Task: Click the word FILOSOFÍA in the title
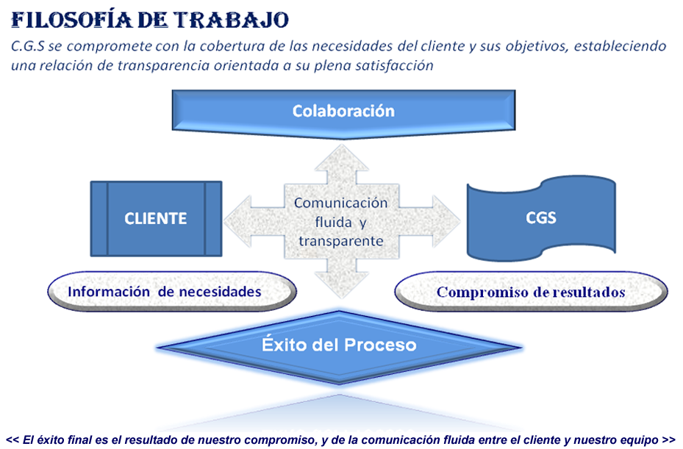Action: click(71, 20)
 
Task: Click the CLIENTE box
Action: click(156, 218)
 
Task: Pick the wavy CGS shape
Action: click(541, 218)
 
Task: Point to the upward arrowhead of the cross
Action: click(342, 158)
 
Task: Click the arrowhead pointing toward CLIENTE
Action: click(237, 221)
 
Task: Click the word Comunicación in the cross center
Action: click(340, 203)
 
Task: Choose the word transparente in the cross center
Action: click(341, 241)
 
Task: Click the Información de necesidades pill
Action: click(172, 291)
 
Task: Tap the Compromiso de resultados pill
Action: click(531, 292)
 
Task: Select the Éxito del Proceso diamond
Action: click(340, 347)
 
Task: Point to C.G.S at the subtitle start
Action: click(28, 46)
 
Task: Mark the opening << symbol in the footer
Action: click(12, 440)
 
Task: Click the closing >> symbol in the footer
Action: click(668, 440)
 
